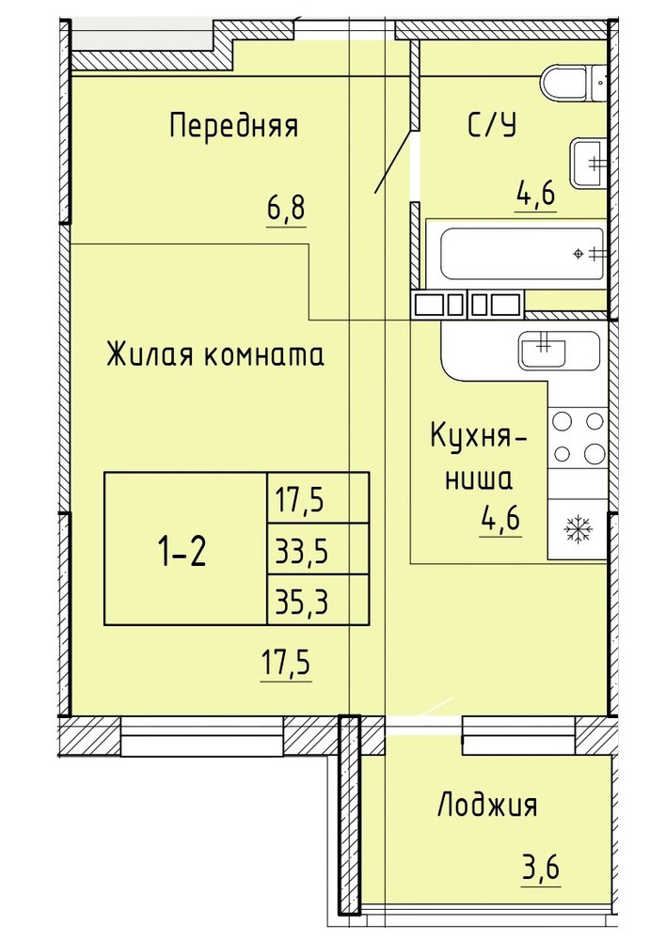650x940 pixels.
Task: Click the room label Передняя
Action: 233,127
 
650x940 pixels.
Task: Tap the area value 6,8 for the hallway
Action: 286,209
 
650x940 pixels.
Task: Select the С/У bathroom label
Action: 492,125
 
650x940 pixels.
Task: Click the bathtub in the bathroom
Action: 521,254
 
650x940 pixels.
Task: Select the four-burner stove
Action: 578,437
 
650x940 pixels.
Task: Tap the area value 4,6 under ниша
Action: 499,519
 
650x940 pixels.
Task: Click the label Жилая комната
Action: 215,353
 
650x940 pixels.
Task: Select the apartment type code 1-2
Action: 182,552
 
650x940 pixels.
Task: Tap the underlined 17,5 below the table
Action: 286,665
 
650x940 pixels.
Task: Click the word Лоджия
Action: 486,806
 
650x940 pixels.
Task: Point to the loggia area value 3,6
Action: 541,867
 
